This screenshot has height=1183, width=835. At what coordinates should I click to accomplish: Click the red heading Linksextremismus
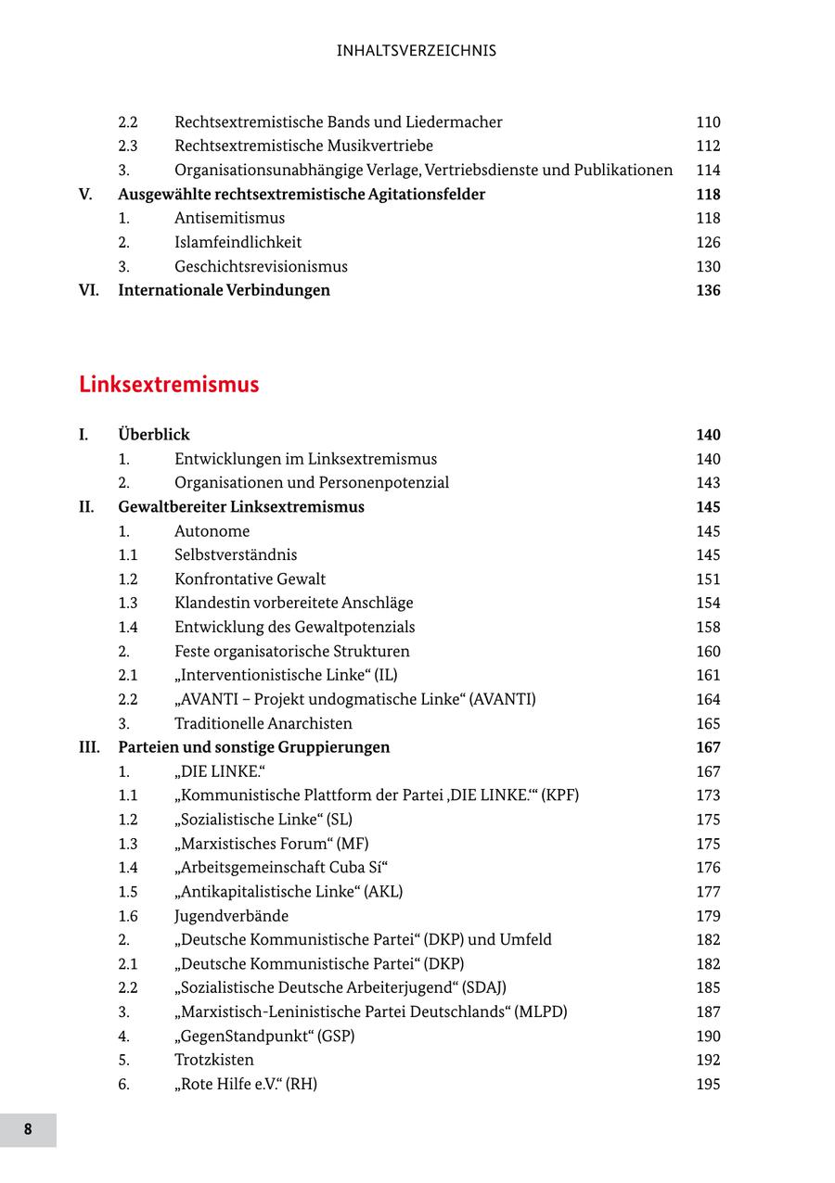pyautogui.click(x=169, y=385)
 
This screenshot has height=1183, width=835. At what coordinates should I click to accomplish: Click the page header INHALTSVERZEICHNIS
pyautogui.click(x=417, y=51)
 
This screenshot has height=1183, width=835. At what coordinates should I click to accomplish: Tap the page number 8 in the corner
pyautogui.click(x=28, y=1129)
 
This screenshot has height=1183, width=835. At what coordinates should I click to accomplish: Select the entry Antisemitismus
pyautogui.click(x=229, y=218)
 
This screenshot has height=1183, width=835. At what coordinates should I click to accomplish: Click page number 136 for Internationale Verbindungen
pyautogui.click(x=708, y=290)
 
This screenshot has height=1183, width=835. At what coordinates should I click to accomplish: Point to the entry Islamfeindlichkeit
pyautogui.click(x=238, y=242)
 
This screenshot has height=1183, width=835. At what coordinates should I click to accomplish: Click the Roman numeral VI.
pyautogui.click(x=88, y=290)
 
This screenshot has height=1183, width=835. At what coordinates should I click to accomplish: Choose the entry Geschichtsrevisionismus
pyautogui.click(x=261, y=266)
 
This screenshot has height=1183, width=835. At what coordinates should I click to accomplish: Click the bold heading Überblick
pyautogui.click(x=154, y=435)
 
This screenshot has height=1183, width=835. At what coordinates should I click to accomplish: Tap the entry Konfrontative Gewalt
pyautogui.click(x=250, y=579)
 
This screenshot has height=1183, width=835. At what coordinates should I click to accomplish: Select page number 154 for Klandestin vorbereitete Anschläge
pyautogui.click(x=708, y=604)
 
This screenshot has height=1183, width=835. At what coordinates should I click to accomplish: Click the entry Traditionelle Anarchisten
pyautogui.click(x=263, y=723)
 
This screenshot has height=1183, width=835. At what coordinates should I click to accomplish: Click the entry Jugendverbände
pyautogui.click(x=231, y=916)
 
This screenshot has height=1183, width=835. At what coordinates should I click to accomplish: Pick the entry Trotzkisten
pyautogui.click(x=213, y=1060)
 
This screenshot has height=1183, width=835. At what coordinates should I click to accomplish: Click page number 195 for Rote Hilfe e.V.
pyautogui.click(x=708, y=1084)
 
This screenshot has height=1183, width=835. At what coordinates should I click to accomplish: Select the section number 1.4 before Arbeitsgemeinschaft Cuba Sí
pyautogui.click(x=128, y=868)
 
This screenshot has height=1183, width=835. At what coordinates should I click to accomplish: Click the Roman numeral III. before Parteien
pyautogui.click(x=89, y=747)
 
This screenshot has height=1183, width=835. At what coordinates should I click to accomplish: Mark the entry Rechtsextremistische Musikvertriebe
pyautogui.click(x=303, y=146)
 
